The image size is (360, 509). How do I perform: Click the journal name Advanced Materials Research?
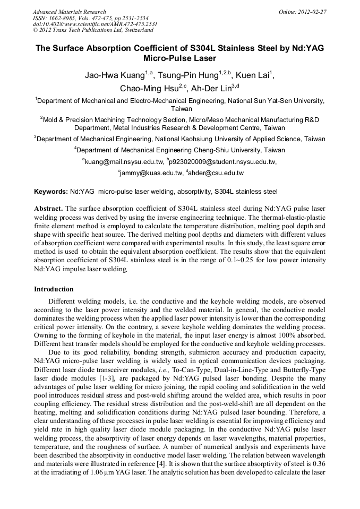69,12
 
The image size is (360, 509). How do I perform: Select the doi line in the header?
95,24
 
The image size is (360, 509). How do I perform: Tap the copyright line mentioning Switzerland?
93,31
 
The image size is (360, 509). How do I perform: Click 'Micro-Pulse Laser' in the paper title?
179,58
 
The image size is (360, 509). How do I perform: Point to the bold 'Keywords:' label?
51,191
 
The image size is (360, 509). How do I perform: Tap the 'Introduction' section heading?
54,289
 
